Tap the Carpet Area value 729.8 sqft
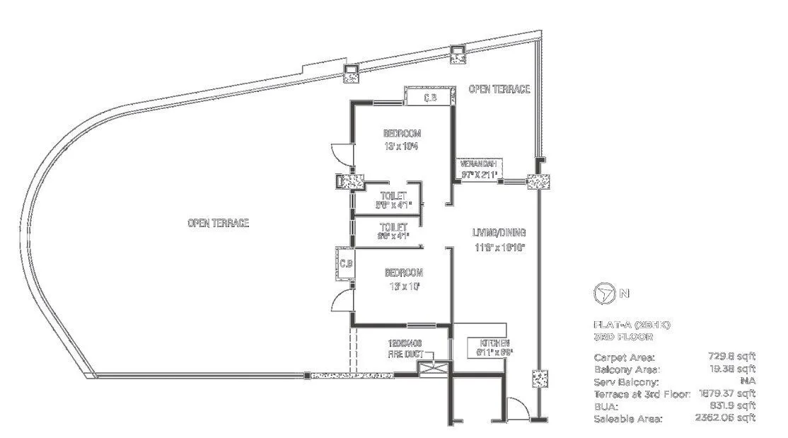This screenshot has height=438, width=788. [731, 357]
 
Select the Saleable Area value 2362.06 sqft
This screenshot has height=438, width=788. [726, 419]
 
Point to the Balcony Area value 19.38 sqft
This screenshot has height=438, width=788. [731, 369]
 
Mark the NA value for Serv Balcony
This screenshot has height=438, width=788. [748, 382]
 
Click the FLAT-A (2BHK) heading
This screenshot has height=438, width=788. [632, 325]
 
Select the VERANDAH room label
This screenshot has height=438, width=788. [479, 163]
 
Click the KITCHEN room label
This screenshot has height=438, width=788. [485, 342]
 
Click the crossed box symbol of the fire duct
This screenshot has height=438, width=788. [431, 367]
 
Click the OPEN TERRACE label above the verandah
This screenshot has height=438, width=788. [499, 88]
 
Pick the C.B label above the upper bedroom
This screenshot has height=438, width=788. [429, 98]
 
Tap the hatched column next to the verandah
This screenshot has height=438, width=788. [538, 182]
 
